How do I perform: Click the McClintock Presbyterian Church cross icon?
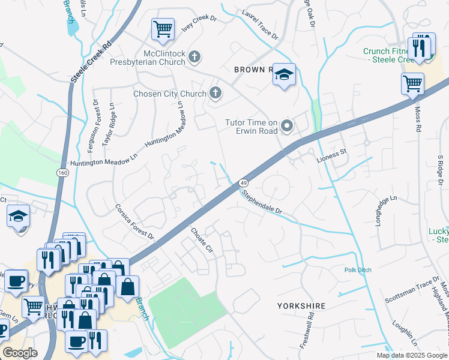pos(194,56)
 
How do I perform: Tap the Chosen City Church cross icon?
pos(215,93)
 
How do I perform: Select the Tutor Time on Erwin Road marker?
pos(287,126)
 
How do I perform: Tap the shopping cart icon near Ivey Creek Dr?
pos(163,29)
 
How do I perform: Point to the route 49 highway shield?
pos(243,182)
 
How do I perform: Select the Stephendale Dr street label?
pos(261,202)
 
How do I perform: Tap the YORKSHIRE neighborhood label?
pos(301,306)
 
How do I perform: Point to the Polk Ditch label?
pos(358,270)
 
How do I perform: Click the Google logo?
pos(20,353)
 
